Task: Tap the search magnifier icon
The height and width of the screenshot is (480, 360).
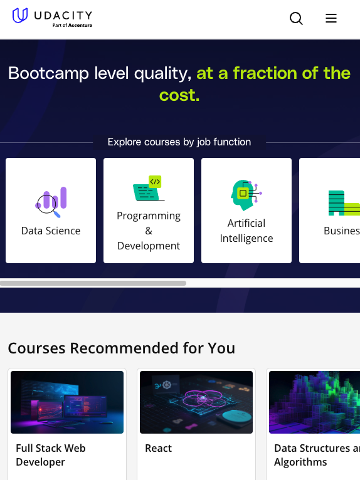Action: pos(296,19)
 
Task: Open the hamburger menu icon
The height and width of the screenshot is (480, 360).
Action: pos(331,19)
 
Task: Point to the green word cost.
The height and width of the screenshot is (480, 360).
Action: pos(179,95)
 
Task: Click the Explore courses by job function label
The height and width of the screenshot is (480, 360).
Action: pos(179,142)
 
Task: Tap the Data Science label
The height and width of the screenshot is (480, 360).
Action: pos(51,231)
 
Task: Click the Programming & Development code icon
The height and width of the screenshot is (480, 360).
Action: pos(149,189)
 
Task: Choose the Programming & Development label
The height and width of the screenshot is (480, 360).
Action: pos(149,231)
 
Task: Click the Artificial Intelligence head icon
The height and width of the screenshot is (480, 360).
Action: pos(246,195)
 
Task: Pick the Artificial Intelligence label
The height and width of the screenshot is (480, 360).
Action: pos(246,231)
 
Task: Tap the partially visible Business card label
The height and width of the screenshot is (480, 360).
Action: pos(341,231)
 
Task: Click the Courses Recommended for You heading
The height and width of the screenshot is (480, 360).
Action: pos(122,348)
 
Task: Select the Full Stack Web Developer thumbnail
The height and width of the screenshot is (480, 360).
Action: pos(67,402)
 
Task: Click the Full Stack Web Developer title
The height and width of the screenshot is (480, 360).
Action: pos(51,455)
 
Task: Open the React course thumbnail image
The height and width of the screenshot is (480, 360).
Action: pos(196,402)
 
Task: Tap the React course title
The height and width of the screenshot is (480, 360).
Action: pos(158,448)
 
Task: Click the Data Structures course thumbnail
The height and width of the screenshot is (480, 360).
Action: pos(314,402)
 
